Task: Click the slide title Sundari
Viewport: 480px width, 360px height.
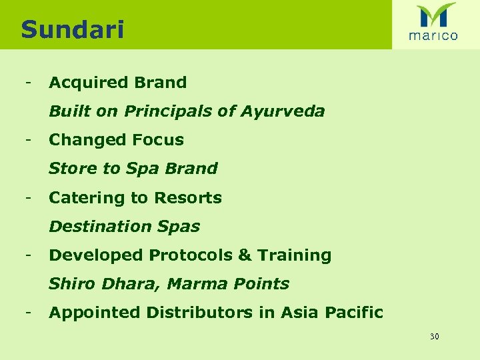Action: click(x=72, y=29)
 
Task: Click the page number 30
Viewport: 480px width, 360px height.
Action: click(x=434, y=337)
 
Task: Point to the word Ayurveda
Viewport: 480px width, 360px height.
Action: click(x=283, y=111)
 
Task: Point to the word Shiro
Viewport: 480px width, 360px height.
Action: click(x=72, y=284)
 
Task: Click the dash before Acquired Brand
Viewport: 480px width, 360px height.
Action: click(x=27, y=83)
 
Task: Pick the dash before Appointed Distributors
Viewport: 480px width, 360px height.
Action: click(x=27, y=312)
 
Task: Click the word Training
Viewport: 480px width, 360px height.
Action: click(x=294, y=255)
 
